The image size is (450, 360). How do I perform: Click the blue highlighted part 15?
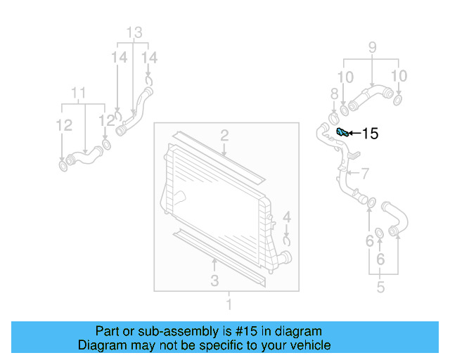pos(342,133)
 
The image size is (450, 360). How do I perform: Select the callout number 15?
pos(369,134)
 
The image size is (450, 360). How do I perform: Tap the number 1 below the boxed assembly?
pos(228,304)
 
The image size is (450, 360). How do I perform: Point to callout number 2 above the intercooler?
pos(224,135)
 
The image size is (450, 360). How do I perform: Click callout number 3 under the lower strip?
pos(214,281)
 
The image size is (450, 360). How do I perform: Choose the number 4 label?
pos(286,218)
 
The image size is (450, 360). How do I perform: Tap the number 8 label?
pos(372,49)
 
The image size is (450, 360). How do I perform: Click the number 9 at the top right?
pos(79,93)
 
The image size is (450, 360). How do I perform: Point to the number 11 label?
pos(134,32)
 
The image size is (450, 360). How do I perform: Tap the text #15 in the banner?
pos(287,240)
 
